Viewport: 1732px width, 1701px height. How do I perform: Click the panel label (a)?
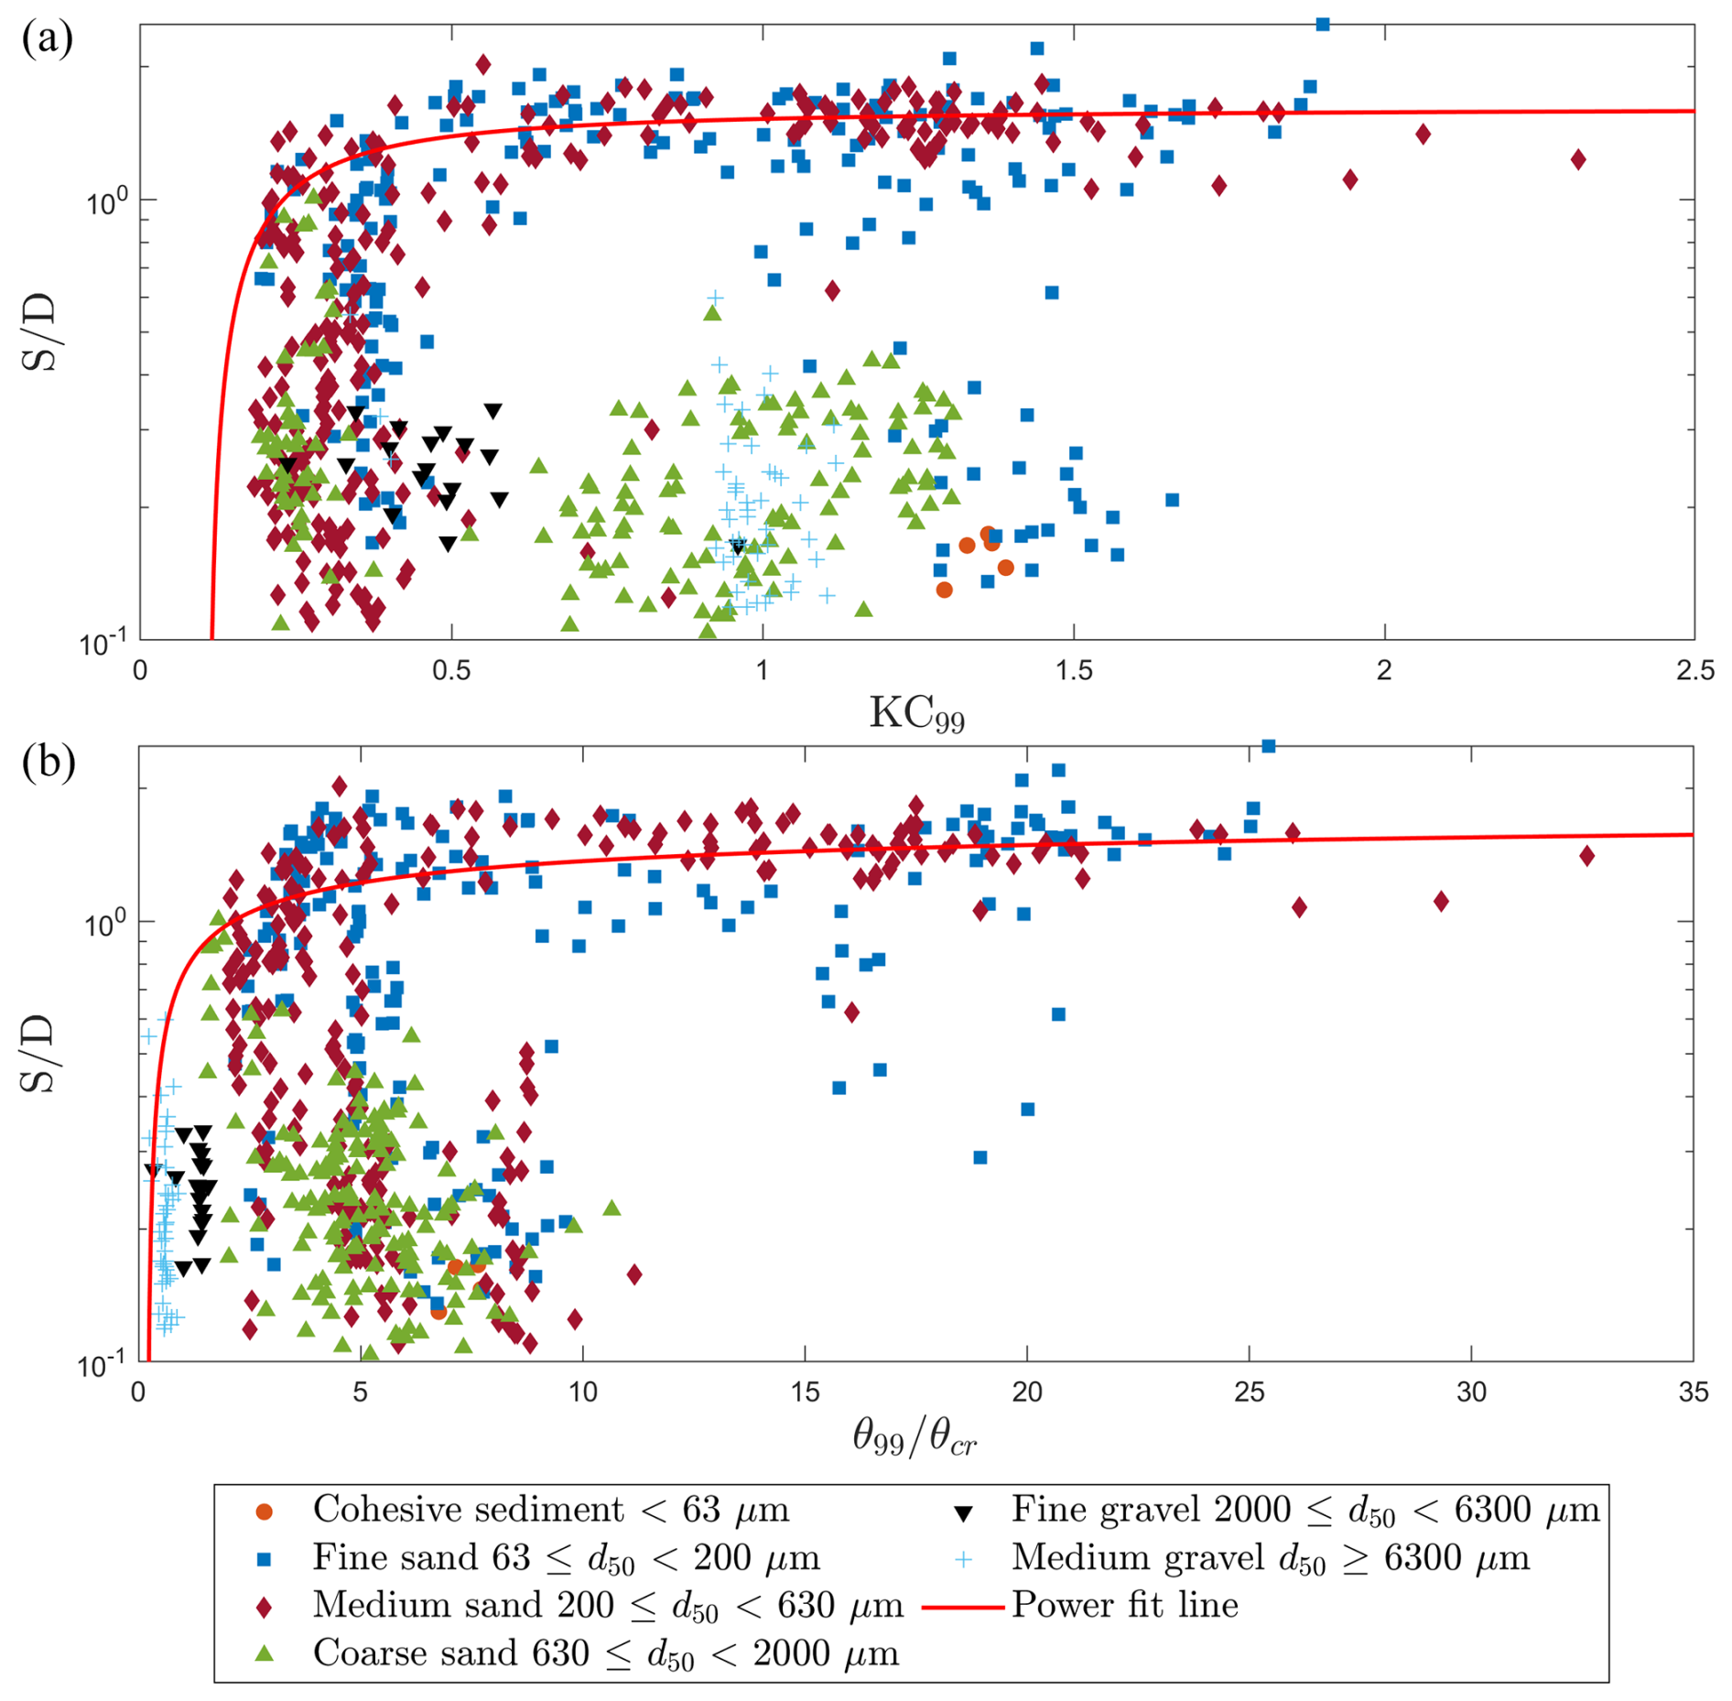pyautogui.click(x=47, y=38)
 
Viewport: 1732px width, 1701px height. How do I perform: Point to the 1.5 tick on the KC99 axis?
pyautogui.click(x=1073, y=670)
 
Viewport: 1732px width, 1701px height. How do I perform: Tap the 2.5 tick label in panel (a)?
pyautogui.click(x=1694, y=670)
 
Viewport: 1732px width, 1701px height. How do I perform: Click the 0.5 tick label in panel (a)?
pyautogui.click(x=450, y=670)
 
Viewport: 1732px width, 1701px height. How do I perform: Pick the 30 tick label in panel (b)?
pyautogui.click(x=1471, y=1392)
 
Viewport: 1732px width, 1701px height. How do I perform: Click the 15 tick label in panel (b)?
pyautogui.click(x=805, y=1392)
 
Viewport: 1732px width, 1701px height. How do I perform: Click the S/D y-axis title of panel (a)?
pyautogui.click(x=38, y=331)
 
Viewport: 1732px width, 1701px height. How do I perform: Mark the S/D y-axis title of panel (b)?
pyautogui.click(x=38, y=1054)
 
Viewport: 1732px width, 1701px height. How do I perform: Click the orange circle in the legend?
pyautogui.click(x=265, y=1511)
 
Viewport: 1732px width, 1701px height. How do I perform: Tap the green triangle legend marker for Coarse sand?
pyautogui.click(x=265, y=1652)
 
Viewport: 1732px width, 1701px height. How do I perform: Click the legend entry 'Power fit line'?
pyautogui.click(x=1124, y=1605)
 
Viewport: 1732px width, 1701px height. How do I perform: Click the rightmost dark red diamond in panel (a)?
pyautogui.click(x=1578, y=159)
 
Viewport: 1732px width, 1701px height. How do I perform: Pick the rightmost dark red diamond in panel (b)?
pyautogui.click(x=1587, y=856)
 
